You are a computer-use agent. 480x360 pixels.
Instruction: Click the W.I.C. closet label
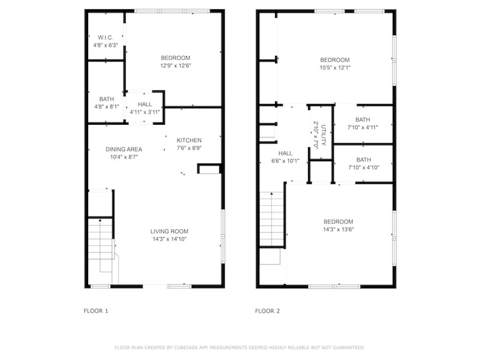coord(105,37)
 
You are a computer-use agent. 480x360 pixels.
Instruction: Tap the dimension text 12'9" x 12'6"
coord(176,66)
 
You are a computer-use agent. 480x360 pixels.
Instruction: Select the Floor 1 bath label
coord(106,99)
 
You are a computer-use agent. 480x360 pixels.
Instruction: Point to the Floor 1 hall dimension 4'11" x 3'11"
coord(145,112)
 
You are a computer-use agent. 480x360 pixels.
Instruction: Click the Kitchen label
coord(189,140)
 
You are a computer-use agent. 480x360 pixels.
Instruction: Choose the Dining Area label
coord(124,149)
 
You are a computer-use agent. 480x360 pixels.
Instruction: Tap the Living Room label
coord(169,232)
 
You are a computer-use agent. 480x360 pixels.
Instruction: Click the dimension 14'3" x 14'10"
coord(170,239)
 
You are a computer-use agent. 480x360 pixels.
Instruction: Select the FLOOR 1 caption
coord(96,311)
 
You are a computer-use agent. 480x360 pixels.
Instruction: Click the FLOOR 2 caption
coord(268,311)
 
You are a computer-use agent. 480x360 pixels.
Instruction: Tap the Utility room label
coord(323,135)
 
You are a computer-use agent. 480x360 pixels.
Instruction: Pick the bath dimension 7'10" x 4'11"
coord(363,127)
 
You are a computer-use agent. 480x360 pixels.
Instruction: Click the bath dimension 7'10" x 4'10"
coord(364,167)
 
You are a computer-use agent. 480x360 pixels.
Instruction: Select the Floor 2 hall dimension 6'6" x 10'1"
coord(285,161)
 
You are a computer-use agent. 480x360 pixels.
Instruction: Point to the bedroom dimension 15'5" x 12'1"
coord(335,67)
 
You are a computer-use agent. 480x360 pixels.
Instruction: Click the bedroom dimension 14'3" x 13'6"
coord(338,229)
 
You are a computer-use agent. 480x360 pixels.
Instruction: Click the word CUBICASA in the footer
coord(186,347)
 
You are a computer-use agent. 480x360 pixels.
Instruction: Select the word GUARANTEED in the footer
coord(349,347)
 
